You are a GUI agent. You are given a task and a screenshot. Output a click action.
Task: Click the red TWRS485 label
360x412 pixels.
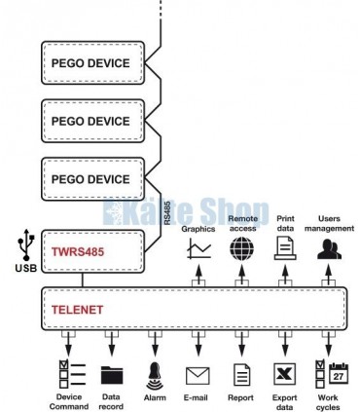tap(78, 250)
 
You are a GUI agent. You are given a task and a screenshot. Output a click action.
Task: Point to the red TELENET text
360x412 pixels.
tap(79, 311)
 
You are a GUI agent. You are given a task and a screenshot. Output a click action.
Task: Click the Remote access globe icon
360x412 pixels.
tap(241, 248)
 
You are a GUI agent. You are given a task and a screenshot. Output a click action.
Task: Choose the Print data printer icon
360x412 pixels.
tap(285, 248)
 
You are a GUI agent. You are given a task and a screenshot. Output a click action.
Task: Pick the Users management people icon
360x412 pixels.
tap(329, 248)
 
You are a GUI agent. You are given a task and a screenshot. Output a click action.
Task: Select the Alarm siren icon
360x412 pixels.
tap(155, 375)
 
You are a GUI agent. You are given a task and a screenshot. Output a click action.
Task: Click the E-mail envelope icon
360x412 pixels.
tap(198, 375)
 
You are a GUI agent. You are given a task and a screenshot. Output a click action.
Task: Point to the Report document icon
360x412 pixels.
tap(241, 375)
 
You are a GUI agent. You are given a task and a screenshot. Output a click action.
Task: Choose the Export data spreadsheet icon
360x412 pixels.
tap(285, 375)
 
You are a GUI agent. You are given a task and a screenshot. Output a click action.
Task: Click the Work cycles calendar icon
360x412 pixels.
tap(329, 374)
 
